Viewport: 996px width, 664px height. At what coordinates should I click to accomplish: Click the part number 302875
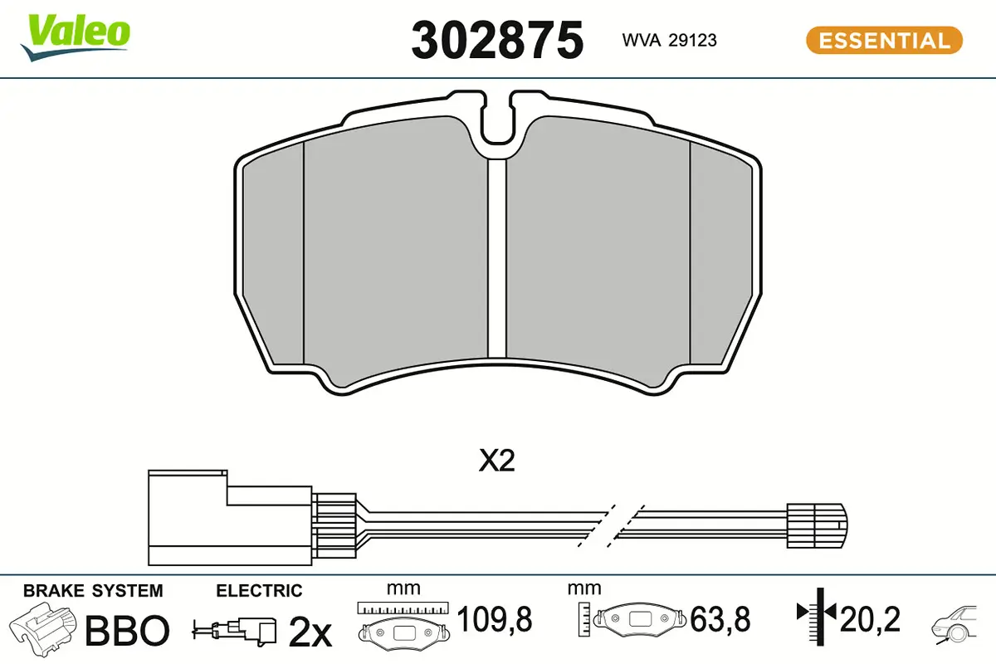pyautogui.click(x=497, y=39)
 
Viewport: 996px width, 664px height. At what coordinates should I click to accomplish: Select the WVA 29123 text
pyautogui.click(x=670, y=40)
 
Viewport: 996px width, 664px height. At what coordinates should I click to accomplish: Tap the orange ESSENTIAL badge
pyautogui.click(x=884, y=40)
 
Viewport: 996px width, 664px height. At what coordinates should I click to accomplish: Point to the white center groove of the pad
pyautogui.click(x=496, y=257)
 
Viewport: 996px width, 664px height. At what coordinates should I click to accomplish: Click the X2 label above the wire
pyautogui.click(x=496, y=462)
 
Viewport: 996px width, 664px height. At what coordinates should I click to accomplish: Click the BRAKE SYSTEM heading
pyautogui.click(x=93, y=591)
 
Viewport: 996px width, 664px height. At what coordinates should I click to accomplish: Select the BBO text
pyautogui.click(x=128, y=631)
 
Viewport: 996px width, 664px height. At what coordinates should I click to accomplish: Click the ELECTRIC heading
pyautogui.click(x=259, y=591)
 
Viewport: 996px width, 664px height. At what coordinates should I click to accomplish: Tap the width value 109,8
pyautogui.click(x=495, y=619)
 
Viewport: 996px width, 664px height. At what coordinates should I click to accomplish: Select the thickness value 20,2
pyautogui.click(x=869, y=619)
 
